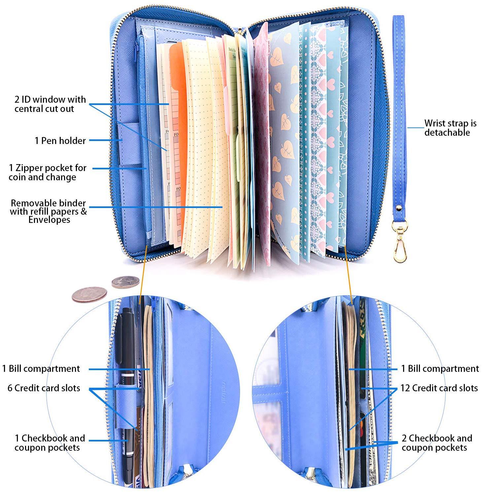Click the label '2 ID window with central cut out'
coord(50,104)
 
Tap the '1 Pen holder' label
coord(60,141)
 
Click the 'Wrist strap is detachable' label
coord(450,128)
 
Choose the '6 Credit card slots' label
coord(44,388)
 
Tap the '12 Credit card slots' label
coord(439,388)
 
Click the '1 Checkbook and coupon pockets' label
coord(50,443)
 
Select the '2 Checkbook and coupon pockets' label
coord(436,443)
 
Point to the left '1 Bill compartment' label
coord(41,369)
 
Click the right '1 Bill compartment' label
coord(440,369)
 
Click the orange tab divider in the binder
coord(180,99)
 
